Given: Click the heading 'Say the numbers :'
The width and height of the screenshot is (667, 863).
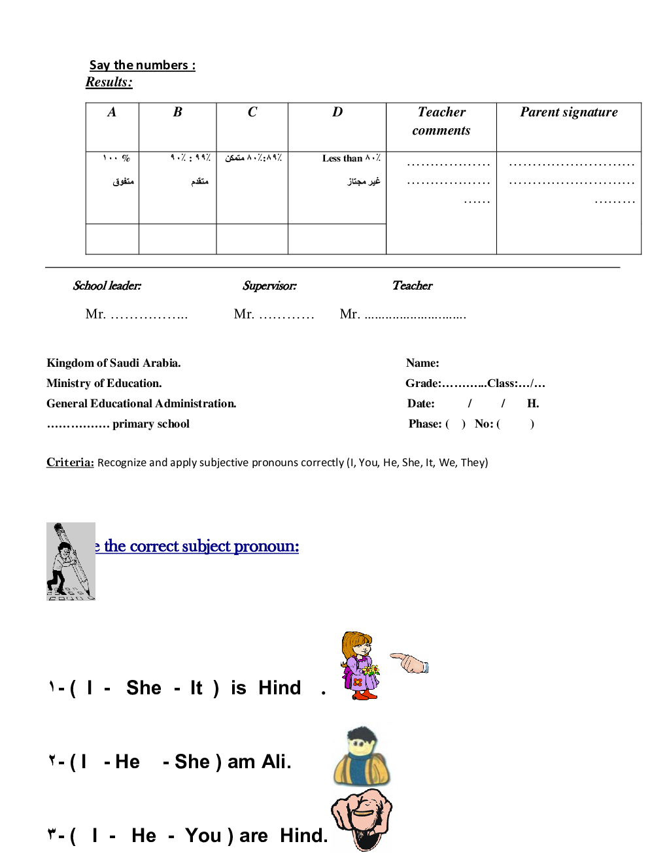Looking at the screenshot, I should click(142, 65).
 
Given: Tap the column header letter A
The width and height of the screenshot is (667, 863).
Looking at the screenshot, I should click(112, 112).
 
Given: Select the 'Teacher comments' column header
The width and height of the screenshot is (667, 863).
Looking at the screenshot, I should click(441, 121).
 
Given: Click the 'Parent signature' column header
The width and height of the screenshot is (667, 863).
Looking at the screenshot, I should click(568, 112).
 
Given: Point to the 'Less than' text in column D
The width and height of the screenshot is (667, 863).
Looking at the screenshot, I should click(342, 158).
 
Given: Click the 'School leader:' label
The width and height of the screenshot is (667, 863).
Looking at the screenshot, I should click(107, 286).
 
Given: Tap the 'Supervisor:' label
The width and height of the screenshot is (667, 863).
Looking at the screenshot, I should click(269, 286).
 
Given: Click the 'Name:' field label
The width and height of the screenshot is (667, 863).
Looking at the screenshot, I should click(422, 363).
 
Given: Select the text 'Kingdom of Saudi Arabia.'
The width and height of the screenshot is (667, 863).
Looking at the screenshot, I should click(113, 363).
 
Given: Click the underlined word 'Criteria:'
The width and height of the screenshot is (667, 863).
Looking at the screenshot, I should click(70, 462).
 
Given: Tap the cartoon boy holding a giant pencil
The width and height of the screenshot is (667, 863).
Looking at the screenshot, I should click(71, 561).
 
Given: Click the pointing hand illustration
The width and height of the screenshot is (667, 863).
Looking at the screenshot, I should click(409, 662).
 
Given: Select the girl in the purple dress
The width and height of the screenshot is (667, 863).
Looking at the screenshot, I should click(359, 666).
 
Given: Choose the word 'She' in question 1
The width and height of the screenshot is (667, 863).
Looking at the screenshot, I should click(144, 688).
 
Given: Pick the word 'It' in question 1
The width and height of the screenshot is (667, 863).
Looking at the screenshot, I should click(196, 688).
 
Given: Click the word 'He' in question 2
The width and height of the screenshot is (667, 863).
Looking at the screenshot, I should click(128, 762).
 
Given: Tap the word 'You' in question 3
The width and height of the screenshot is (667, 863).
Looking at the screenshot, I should click(203, 836).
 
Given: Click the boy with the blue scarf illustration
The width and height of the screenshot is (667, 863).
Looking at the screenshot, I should click(362, 756).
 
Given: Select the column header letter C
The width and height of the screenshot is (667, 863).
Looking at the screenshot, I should click(252, 112).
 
